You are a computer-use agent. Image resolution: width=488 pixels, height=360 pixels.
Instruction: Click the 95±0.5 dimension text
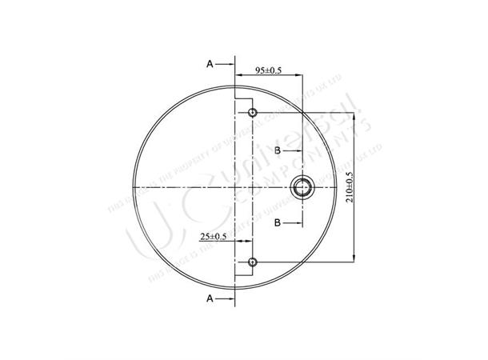point(268,71)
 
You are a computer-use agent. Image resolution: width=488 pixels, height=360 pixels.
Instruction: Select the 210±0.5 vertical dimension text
point(350,187)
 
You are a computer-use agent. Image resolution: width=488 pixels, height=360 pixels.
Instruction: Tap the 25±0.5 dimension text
point(214,236)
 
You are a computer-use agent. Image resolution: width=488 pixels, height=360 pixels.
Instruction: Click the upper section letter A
point(210,62)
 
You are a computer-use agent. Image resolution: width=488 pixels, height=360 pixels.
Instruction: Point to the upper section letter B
point(277,150)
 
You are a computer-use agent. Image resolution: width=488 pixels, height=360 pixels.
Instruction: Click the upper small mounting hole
point(253,113)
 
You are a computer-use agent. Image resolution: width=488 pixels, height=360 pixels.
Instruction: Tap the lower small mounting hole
point(253,262)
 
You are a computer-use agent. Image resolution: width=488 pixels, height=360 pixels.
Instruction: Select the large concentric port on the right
point(302,187)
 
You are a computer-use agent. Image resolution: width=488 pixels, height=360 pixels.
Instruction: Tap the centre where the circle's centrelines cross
point(234,187)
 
